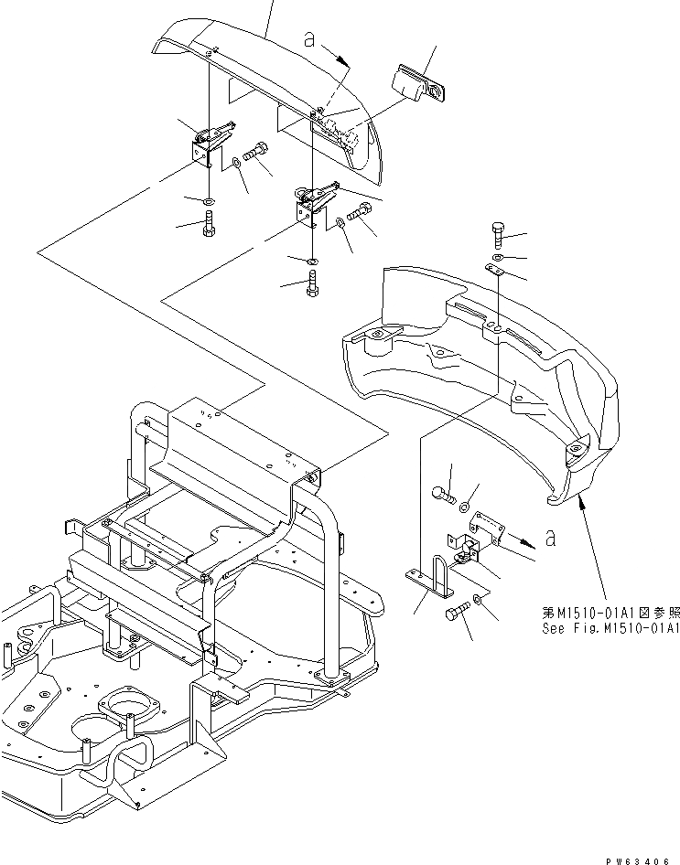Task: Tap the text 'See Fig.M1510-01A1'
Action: (x=609, y=628)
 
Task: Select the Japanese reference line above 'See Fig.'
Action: (x=609, y=614)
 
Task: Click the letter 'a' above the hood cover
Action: (x=310, y=40)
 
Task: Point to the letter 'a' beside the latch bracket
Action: (x=550, y=539)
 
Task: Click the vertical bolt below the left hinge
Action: (x=209, y=225)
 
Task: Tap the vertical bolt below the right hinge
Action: (x=312, y=285)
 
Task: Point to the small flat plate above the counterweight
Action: (x=495, y=271)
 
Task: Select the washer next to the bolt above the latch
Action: (x=466, y=506)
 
